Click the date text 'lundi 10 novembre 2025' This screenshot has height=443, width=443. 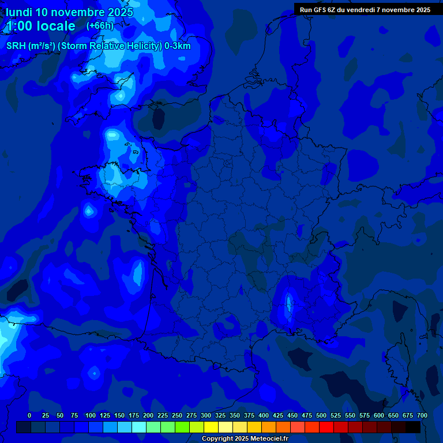(x=69, y=12)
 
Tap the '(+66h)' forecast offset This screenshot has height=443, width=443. (x=100, y=26)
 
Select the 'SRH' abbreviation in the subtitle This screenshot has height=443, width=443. (x=16, y=46)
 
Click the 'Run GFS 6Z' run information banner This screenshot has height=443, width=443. (x=365, y=10)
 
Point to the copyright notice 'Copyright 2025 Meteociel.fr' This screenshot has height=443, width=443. (x=245, y=439)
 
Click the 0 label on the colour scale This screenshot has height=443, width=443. (x=29, y=415)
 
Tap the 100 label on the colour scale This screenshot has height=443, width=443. (x=90, y=415)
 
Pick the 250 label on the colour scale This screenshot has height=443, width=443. (x=177, y=415)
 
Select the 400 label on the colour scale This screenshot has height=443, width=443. (x=264, y=415)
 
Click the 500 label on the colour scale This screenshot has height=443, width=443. (x=321, y=415)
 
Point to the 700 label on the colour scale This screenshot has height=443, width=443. (x=422, y=415)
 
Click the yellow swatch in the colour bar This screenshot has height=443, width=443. (x=211, y=427)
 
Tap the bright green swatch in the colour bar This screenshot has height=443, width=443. (x=182, y=427)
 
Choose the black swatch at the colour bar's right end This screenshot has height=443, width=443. (x=413, y=427)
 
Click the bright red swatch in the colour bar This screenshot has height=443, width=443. (x=326, y=427)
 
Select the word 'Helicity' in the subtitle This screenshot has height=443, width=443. (x=134, y=46)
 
